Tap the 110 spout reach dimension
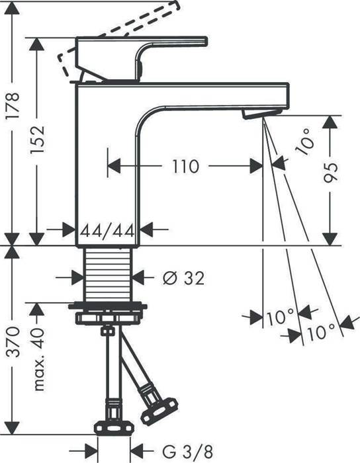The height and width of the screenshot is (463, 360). point(185,167)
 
